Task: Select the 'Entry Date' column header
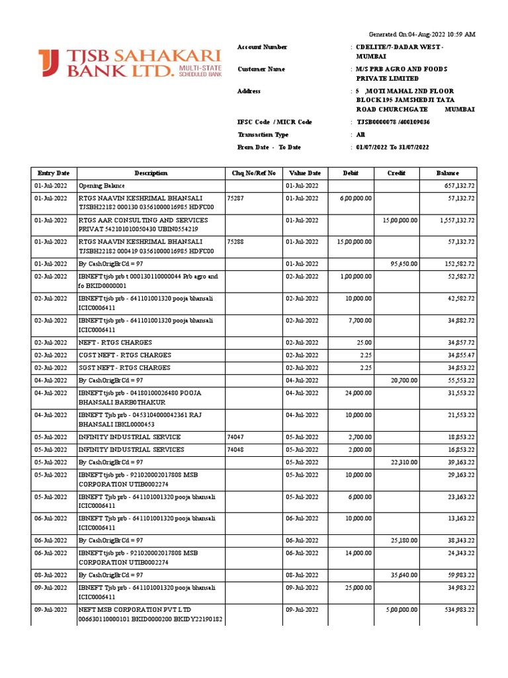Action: pyautogui.click(x=53, y=173)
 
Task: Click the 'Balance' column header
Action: pyautogui.click(x=447, y=173)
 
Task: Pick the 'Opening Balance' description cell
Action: pyautogui.click(x=102, y=185)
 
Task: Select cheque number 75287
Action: pyautogui.click(x=235, y=198)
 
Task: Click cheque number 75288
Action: pyautogui.click(x=235, y=242)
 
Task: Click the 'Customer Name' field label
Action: pyautogui.click(x=261, y=69)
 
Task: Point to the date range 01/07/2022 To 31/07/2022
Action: pyautogui.click(x=392, y=147)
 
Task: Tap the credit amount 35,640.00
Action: pyautogui.click(x=402, y=575)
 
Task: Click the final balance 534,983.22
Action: pyautogui.click(x=456, y=609)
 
